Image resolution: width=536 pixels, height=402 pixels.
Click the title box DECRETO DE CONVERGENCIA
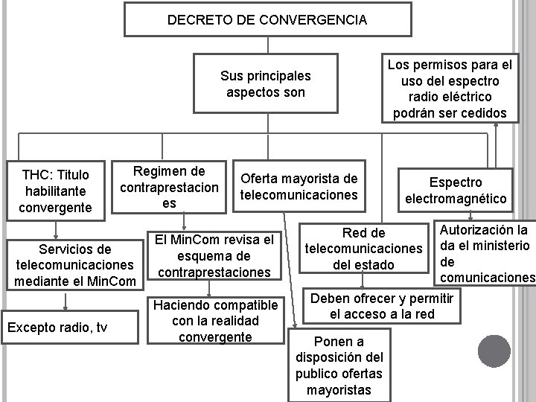tap(267, 20)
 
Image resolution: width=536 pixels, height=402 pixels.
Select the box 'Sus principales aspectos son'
tap(266, 84)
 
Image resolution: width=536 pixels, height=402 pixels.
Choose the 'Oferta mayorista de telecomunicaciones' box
tap(299, 187)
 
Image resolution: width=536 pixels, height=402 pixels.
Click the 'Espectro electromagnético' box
tap(456, 191)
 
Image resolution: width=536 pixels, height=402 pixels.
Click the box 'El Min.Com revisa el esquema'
tap(214, 255)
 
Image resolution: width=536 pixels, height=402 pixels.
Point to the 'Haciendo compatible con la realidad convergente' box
tap(215, 320)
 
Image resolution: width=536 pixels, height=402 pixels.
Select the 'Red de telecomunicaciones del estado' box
tap(363, 249)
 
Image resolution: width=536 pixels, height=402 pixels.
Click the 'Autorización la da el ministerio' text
tap(485, 253)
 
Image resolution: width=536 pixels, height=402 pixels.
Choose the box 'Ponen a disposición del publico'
tap(339, 366)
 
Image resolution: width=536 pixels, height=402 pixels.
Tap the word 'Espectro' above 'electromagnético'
tap(456, 182)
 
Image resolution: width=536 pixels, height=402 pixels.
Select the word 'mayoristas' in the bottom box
tap(339, 390)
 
